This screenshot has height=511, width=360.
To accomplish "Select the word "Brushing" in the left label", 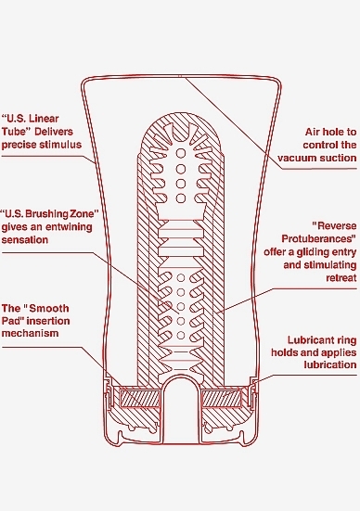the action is (47, 214).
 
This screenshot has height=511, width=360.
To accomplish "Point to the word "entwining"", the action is (70, 227).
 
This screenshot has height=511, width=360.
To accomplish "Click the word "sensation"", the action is (25, 240).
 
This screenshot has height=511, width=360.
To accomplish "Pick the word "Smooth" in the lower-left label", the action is (51, 308).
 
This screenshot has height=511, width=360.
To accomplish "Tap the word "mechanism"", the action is (30, 333).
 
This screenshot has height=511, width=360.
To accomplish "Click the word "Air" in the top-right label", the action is (313, 132).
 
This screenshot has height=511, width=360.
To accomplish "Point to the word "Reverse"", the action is (336, 226).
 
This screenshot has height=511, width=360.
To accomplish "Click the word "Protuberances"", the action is (318, 239).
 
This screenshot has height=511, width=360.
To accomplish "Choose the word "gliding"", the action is (313, 252).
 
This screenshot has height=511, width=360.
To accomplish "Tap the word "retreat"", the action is (341, 278).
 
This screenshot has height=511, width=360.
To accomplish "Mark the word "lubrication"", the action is (330, 364).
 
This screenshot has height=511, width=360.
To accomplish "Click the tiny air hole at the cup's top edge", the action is (180, 77).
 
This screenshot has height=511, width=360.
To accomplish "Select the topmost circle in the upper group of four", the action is (181, 153).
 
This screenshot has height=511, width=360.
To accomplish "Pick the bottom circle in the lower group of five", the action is (181, 335).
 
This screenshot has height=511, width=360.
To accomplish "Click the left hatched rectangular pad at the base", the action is (139, 398).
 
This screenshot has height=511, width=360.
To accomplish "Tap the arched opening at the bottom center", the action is (180, 407).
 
